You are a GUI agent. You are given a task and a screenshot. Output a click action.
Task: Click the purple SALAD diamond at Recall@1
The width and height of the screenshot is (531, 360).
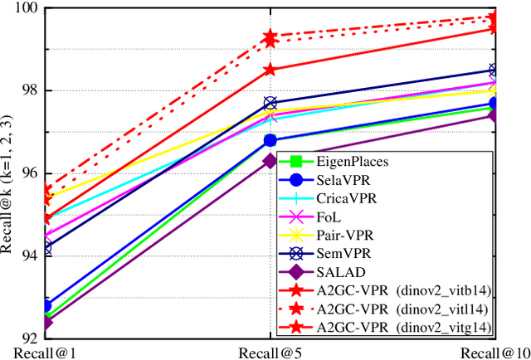coord(46,321)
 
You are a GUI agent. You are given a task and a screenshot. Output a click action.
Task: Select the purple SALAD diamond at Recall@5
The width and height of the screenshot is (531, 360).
coord(270,161)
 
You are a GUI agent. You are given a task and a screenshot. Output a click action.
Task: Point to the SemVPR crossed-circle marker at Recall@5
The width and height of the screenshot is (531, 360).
coord(270,103)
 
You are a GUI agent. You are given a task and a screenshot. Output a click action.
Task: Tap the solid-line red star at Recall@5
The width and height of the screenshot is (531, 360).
coord(270,71)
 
